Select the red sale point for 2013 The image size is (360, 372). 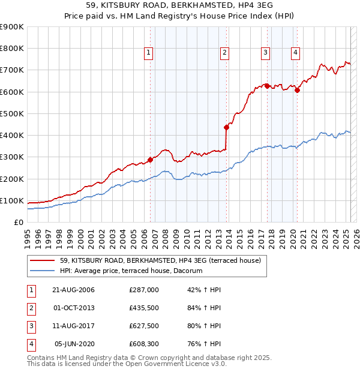[x=226, y=127]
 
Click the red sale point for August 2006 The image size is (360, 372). [x=151, y=160]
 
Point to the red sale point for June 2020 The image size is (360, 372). [x=297, y=90]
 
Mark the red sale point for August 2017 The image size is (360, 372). [x=267, y=86]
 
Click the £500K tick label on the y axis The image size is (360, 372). [x=12, y=113]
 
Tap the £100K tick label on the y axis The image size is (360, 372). [x=12, y=200]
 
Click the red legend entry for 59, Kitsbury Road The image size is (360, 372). [x=160, y=261]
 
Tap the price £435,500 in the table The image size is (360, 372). [x=144, y=308]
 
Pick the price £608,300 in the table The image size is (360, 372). [x=144, y=344]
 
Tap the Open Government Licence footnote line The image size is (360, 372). [x=127, y=364]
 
